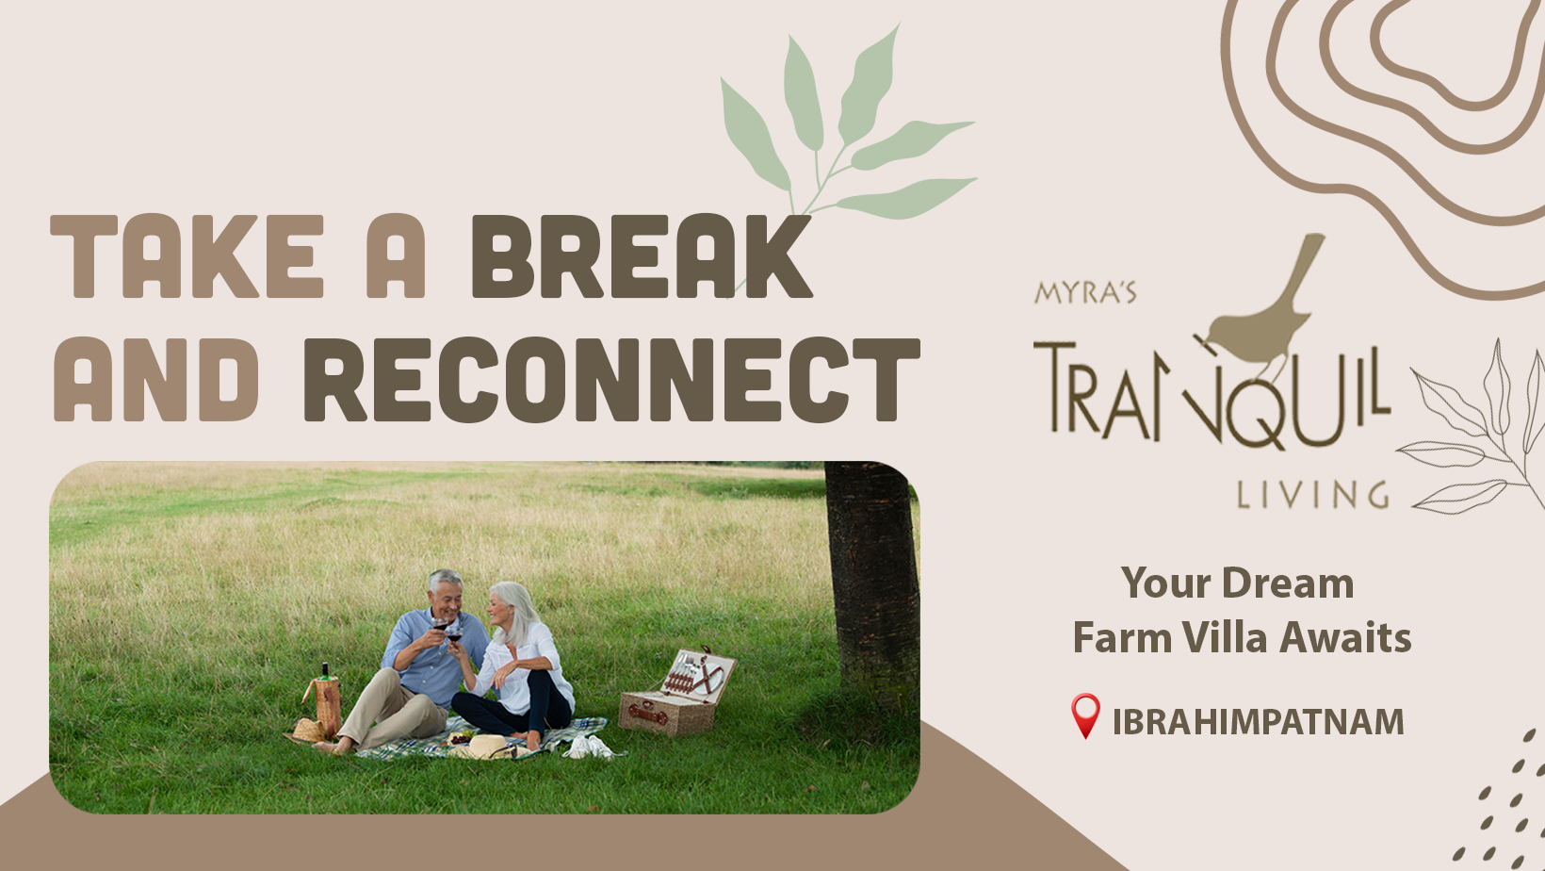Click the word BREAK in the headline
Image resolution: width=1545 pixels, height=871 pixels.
click(642, 256)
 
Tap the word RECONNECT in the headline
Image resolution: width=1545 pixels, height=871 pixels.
click(611, 380)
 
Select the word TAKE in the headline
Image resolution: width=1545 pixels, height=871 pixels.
click(187, 256)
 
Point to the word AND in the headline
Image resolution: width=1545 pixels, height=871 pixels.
click(155, 380)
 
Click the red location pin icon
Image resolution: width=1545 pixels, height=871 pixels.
click(1085, 715)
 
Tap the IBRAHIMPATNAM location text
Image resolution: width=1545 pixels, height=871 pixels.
click(1258, 722)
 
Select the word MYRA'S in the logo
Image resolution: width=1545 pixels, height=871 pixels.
click(1085, 292)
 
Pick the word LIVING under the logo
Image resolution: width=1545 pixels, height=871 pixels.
click(1312, 495)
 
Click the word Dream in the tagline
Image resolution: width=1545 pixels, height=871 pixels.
click(1288, 583)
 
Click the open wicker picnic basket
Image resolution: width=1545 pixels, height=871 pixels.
click(676, 692)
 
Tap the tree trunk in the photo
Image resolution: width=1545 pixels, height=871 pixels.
click(871, 586)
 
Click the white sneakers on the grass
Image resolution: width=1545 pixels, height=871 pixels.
click(589, 748)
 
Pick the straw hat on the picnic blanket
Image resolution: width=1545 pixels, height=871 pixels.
click(487, 747)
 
